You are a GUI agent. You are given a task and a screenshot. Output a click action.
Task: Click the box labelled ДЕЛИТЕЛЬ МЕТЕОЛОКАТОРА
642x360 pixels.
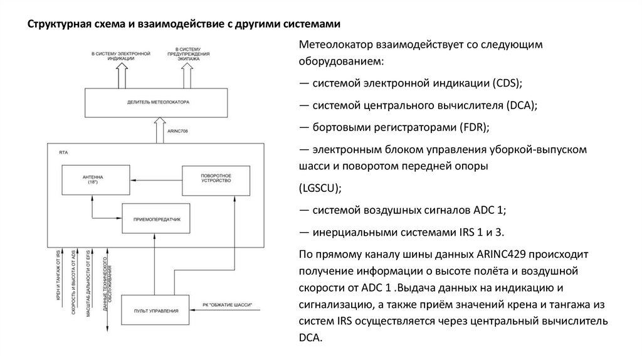pos(157,102)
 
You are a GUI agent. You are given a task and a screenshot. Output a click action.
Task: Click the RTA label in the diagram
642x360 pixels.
pos(63,151)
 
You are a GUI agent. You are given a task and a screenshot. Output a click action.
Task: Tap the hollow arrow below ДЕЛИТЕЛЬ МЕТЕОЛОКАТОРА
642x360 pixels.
pos(157,131)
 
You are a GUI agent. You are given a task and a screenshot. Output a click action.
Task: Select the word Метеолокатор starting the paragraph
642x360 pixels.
pos(335,46)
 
